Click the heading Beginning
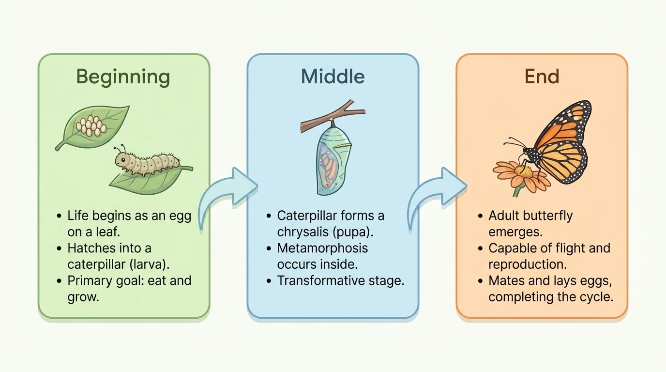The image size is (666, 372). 123,77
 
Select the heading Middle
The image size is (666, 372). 333,77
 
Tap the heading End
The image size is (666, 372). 542,77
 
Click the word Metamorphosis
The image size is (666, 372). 322,248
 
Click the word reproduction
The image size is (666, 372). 528,264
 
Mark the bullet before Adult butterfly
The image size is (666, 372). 480,216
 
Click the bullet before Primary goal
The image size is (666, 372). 59,281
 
